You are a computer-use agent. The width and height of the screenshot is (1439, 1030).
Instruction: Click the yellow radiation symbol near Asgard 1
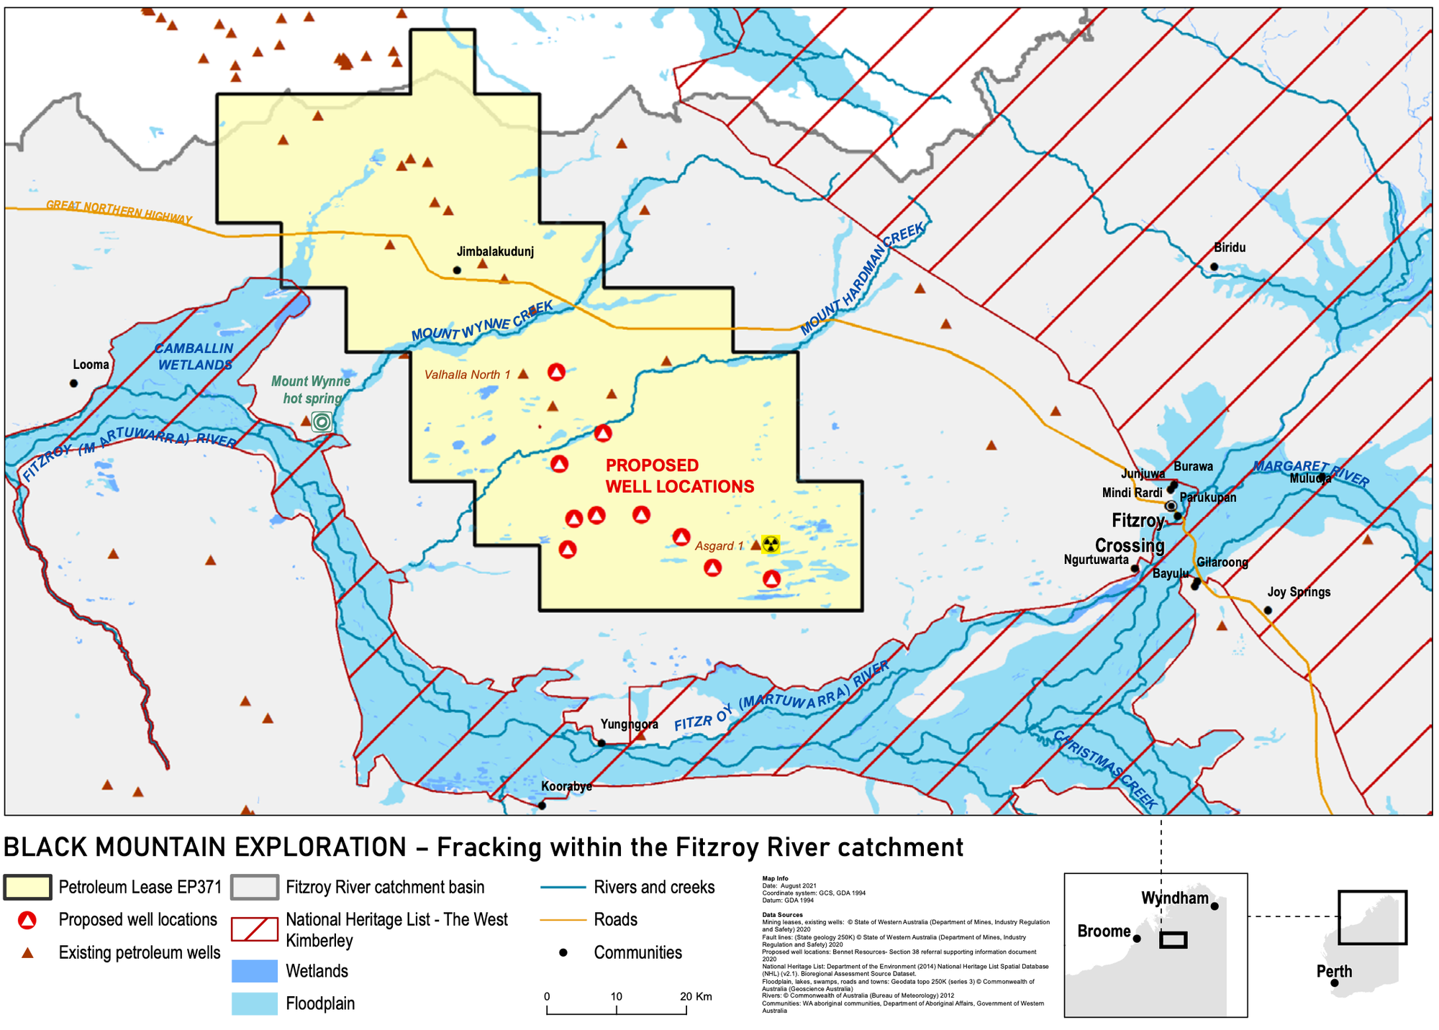(x=770, y=543)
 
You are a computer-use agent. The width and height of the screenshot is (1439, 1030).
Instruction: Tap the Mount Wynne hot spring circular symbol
(x=322, y=421)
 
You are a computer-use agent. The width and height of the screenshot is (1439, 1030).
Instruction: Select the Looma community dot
(x=73, y=383)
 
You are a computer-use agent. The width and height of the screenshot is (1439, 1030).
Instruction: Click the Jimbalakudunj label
(x=495, y=252)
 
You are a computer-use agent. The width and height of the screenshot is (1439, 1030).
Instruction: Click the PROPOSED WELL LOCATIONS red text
(x=679, y=475)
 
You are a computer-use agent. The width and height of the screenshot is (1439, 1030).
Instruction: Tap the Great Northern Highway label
(x=119, y=211)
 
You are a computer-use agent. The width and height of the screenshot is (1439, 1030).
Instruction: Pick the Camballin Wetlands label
(x=194, y=357)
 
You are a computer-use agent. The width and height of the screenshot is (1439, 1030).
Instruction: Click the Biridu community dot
(x=1214, y=267)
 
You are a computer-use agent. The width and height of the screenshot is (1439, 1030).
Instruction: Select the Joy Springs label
(x=1298, y=592)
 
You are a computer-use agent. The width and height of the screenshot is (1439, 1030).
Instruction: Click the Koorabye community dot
(x=542, y=806)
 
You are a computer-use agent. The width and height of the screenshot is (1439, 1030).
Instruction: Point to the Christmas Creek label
(x=1105, y=770)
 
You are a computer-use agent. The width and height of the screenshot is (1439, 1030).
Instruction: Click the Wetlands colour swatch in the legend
(x=254, y=971)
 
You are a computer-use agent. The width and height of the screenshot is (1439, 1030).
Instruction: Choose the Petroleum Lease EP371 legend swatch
(x=27, y=887)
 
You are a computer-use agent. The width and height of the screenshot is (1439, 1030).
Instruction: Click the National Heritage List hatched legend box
(x=254, y=929)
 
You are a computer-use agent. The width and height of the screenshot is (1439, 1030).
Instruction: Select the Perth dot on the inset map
(x=1334, y=983)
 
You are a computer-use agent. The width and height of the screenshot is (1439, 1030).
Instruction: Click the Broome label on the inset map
(x=1103, y=931)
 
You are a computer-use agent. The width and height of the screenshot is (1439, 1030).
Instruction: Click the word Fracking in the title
(x=489, y=847)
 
